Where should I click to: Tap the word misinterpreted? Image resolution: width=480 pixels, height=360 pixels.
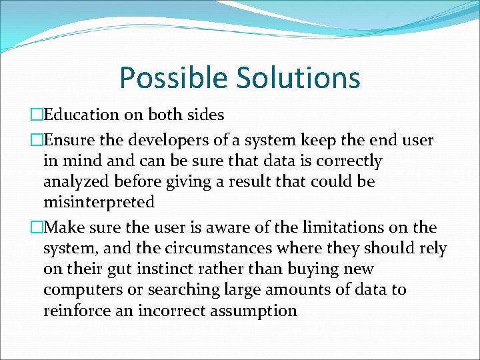tap(99, 202)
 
